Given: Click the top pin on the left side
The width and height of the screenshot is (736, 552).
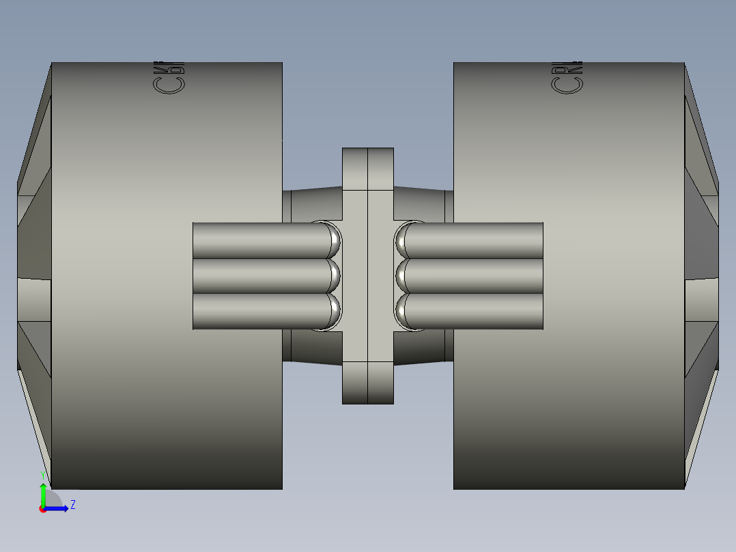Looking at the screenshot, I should pos(259,240).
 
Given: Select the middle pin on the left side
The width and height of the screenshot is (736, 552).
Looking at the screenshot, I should pos(259,276).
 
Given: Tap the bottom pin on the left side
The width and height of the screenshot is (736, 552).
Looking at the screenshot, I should pos(259,312).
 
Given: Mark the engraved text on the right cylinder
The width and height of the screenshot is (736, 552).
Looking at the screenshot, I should pos(567,77).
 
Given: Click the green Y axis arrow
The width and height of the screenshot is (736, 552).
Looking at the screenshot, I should pos(43,493).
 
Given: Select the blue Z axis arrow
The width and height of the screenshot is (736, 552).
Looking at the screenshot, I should pos(59,508).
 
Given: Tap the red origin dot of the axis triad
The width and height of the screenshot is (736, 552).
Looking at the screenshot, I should pos(43,509).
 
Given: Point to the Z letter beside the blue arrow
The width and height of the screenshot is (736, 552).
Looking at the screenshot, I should pos(72,505).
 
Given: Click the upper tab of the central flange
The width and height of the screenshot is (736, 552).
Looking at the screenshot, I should pos(368,168).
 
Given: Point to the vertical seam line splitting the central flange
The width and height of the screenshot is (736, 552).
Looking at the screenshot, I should pos(368,273).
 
